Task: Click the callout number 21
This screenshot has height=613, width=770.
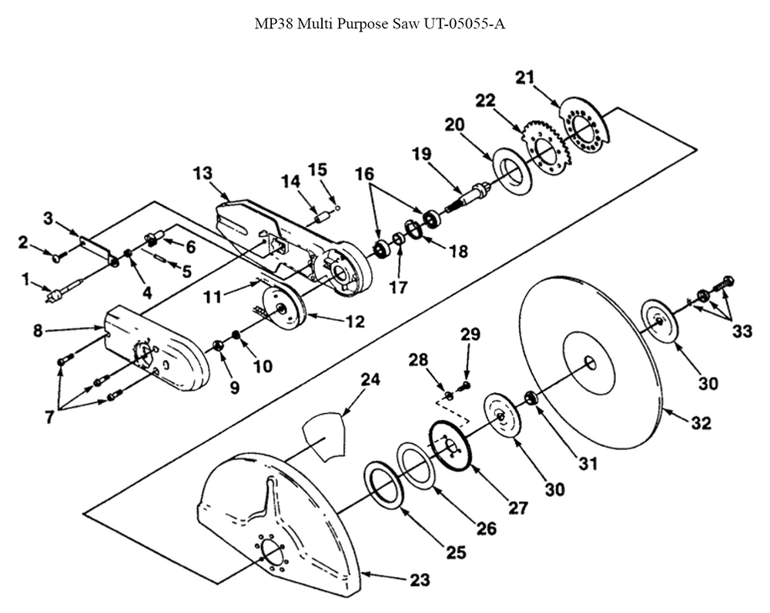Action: point(524,77)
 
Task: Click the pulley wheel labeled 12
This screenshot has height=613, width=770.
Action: point(284,308)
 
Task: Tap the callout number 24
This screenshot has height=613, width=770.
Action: point(371,380)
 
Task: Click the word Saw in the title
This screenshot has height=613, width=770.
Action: point(403,23)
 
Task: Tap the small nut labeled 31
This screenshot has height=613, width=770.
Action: point(530,397)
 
